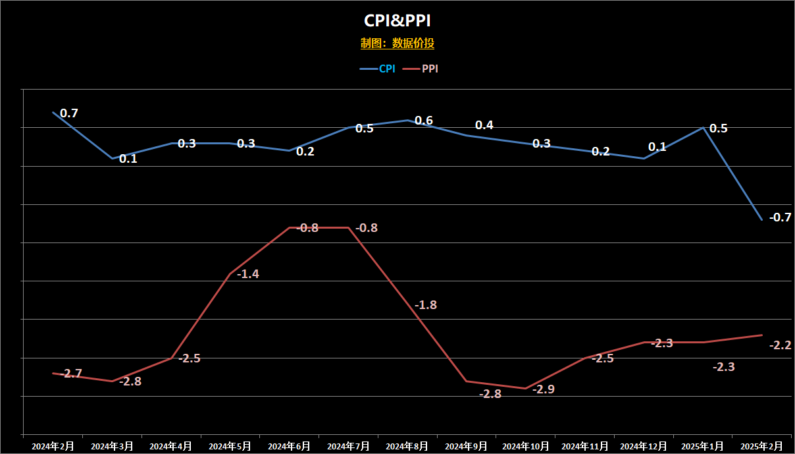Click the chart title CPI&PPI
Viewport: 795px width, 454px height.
point(397,20)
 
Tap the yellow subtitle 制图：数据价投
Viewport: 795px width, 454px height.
point(397,43)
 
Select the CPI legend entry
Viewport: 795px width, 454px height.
point(378,69)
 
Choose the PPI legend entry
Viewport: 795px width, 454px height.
point(421,69)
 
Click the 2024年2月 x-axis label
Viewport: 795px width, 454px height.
point(53,446)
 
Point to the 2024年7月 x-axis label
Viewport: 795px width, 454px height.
point(348,446)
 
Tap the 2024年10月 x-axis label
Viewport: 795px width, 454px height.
point(526,446)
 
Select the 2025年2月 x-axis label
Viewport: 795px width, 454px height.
point(761,446)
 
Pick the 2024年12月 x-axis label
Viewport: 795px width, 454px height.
point(644,446)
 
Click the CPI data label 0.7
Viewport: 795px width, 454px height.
point(69,113)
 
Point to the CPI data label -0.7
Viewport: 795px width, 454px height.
point(781,217)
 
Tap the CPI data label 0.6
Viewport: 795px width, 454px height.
point(424,121)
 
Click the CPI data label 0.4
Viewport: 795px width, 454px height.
point(484,125)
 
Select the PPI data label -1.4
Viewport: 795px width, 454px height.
point(248,274)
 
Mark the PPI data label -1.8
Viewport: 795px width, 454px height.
point(426,305)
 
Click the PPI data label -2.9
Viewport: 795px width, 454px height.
point(544,389)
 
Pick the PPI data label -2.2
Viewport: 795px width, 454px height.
point(781,345)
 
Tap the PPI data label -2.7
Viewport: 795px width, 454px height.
point(71,374)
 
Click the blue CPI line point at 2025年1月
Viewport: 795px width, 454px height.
point(703,128)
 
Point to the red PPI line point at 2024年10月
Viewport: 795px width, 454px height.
point(526,389)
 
